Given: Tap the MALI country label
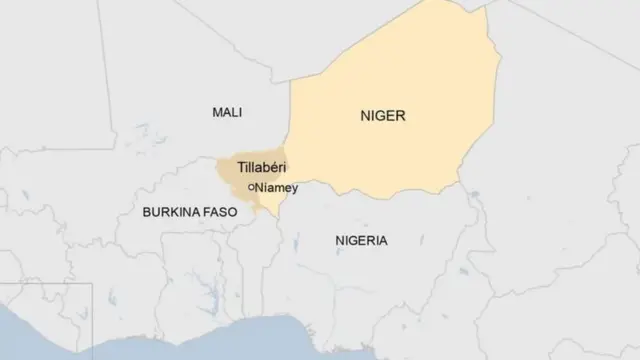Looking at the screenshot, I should pos(227,113).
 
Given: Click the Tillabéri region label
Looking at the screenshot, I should pos(262,168).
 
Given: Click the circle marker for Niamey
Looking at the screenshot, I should pos(252,187).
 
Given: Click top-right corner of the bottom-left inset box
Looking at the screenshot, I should pos(92,284).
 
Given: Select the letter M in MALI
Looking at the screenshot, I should pos(216,113).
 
